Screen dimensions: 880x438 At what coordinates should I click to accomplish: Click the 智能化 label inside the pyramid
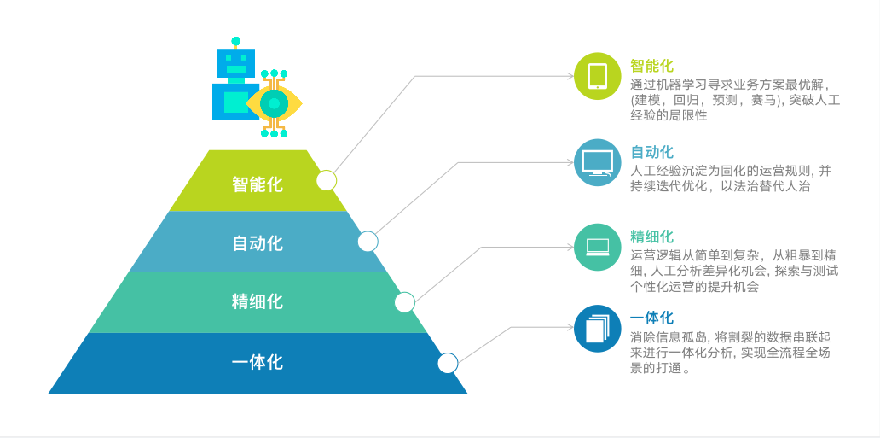[x=258, y=184]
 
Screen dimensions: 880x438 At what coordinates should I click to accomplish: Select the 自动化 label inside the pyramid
[x=258, y=243]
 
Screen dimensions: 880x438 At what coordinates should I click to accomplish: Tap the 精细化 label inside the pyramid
[x=258, y=301]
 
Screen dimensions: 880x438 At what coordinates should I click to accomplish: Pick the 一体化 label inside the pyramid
[x=258, y=362]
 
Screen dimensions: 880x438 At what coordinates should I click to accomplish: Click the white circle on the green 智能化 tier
[x=327, y=180]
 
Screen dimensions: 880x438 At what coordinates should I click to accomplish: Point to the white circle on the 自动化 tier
[x=368, y=242]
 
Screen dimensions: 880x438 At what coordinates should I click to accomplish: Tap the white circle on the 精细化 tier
[x=405, y=302]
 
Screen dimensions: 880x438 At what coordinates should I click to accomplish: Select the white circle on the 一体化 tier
[x=448, y=363]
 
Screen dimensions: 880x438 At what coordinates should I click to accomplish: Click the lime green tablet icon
[x=598, y=76]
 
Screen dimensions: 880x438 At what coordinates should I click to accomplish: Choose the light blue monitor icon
[x=598, y=162]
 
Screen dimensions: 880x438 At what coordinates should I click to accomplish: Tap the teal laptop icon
[x=598, y=247]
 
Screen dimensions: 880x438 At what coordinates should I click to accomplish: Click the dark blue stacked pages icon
[x=598, y=329]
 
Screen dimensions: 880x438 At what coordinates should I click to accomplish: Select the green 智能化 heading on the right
[x=651, y=66]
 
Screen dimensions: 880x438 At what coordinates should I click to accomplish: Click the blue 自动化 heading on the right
[x=651, y=152]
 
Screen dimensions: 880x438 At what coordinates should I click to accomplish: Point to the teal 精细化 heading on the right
[x=651, y=237]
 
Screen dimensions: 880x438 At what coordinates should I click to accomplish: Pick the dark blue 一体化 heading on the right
[x=651, y=318]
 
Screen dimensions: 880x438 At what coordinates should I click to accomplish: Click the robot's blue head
[x=236, y=63]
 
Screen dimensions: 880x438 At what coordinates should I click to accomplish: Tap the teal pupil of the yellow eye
[x=274, y=103]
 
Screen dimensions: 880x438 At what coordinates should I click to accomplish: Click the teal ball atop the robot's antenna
[x=236, y=41]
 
